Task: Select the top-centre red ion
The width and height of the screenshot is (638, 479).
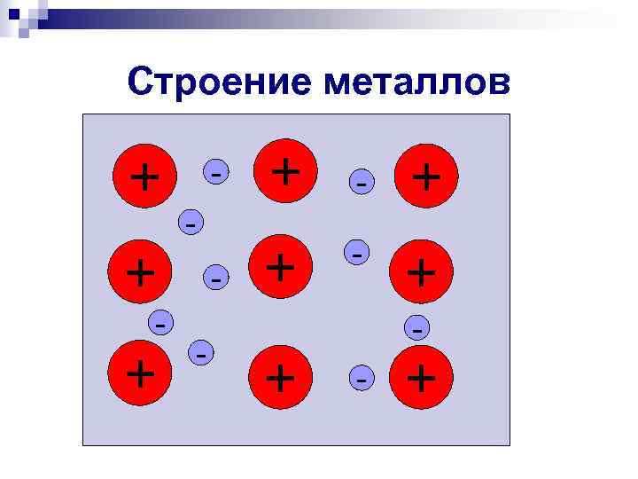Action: pos(284,169)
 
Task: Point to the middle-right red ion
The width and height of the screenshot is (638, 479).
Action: pos(421,272)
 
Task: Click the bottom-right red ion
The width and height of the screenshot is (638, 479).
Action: pos(421,378)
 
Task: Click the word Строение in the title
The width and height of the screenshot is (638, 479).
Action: pos(222,82)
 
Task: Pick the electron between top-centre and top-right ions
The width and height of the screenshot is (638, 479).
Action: pos(361,181)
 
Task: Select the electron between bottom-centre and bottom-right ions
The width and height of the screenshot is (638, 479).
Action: pos(361,378)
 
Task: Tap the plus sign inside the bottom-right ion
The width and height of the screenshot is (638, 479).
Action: pos(421,378)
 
